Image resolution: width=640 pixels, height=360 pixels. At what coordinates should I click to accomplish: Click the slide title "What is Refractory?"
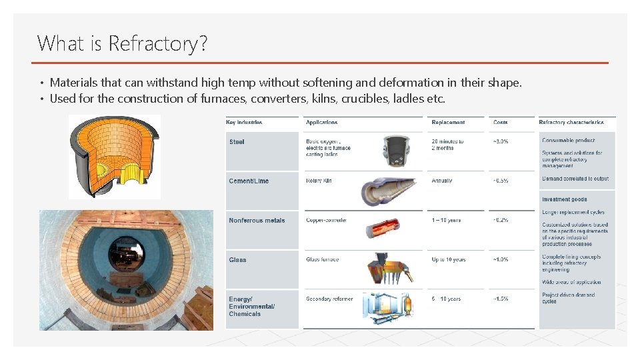click(123, 44)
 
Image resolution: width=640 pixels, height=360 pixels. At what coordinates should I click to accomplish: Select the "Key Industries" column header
click(244, 122)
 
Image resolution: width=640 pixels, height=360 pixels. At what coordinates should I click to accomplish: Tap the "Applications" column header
click(321, 122)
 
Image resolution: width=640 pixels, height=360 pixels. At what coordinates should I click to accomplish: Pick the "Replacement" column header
click(448, 122)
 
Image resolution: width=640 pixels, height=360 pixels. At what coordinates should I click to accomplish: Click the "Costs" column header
click(501, 122)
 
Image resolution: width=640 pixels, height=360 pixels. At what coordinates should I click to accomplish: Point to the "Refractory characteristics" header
click(573, 122)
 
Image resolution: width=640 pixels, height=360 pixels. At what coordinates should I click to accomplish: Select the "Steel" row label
click(237, 142)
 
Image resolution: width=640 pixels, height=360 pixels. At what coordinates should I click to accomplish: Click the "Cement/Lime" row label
click(249, 181)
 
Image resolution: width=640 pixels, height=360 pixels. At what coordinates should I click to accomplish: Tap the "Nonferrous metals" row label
click(257, 221)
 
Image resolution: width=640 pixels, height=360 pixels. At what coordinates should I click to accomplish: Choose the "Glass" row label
click(237, 260)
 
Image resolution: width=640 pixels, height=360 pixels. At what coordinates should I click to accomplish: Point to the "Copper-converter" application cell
click(326, 220)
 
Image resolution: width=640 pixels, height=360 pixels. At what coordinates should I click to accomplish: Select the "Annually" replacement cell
click(441, 181)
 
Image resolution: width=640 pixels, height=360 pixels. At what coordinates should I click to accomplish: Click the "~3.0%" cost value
click(501, 141)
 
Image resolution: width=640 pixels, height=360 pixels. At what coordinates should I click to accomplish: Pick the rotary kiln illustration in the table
click(389, 191)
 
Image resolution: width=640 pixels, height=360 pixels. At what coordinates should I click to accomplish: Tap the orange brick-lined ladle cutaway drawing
click(115, 156)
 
